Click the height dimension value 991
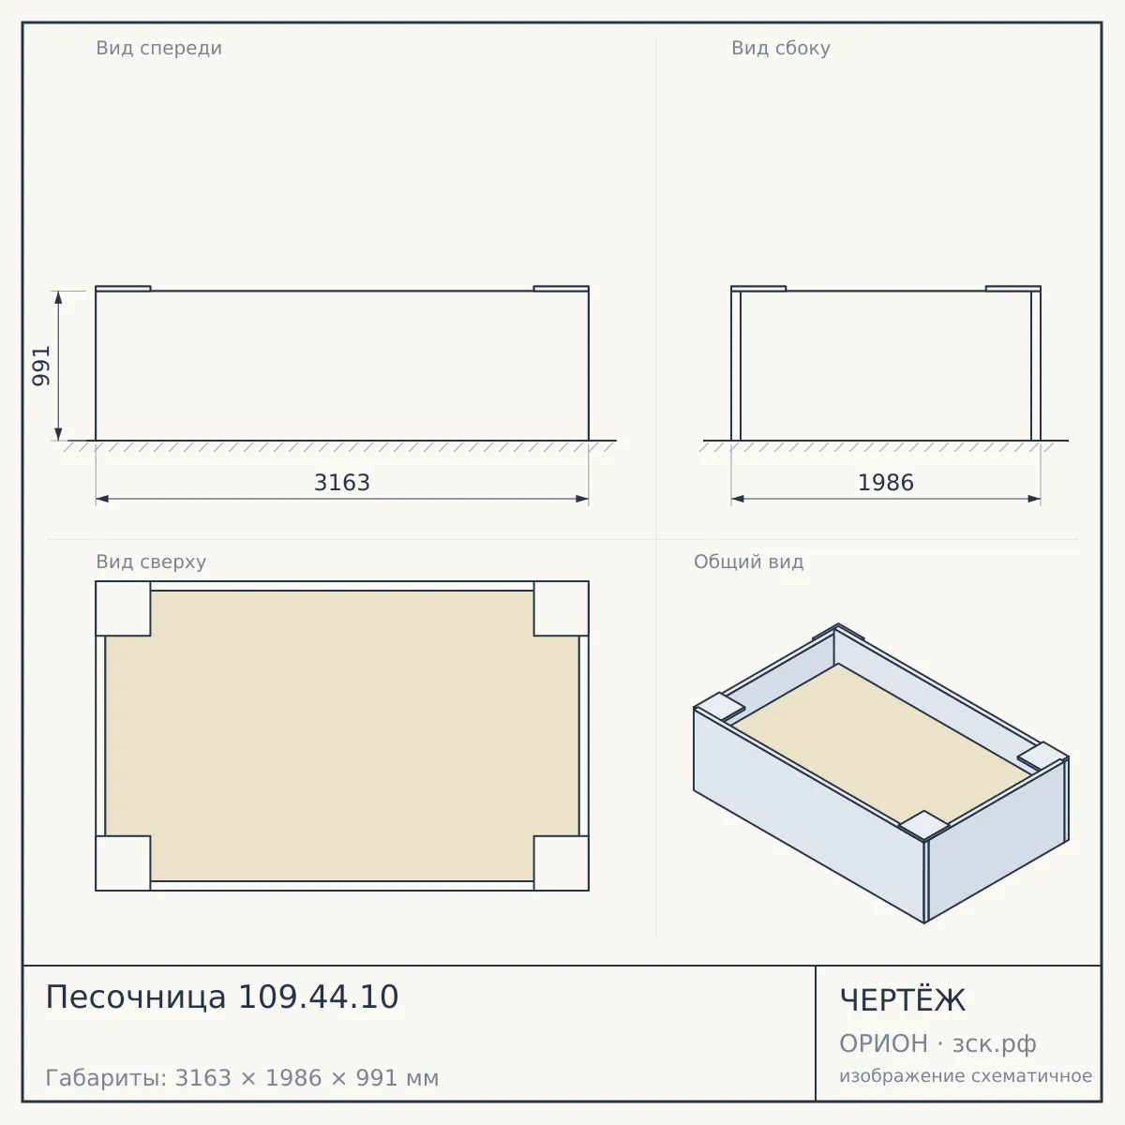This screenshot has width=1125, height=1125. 41,366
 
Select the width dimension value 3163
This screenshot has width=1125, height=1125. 342,483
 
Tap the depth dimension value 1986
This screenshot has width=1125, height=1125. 886,483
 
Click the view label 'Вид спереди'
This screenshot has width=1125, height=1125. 158,49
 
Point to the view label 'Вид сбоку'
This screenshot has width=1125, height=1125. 781,49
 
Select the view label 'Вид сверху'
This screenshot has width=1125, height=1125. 151,562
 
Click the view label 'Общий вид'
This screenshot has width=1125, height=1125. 748,562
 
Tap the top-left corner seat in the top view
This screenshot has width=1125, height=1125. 123,608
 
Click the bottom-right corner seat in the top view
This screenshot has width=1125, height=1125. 561,863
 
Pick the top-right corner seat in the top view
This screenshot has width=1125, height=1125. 561,608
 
